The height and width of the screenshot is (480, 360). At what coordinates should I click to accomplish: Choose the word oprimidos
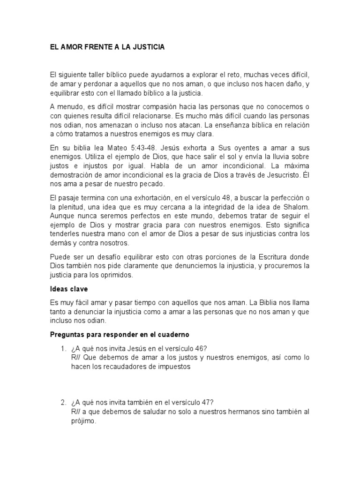118,276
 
